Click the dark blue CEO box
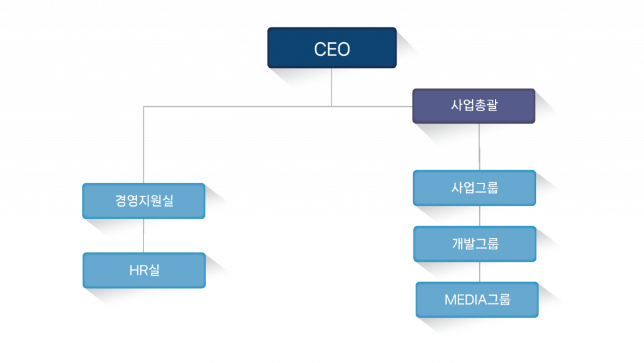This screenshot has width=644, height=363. [331, 47]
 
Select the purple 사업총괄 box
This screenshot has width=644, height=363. [474, 106]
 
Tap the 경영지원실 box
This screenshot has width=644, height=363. [143, 201]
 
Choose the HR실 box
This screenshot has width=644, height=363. [143, 270]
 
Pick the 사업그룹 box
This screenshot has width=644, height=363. [474, 188]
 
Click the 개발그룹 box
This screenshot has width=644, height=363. [474, 244]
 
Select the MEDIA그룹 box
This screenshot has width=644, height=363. [477, 300]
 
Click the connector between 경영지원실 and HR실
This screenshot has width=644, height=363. [144, 236]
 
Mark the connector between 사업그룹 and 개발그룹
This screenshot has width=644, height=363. [480, 215]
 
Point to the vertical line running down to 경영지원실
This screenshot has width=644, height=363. [144, 144]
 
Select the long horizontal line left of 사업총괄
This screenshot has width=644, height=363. [252, 107]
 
